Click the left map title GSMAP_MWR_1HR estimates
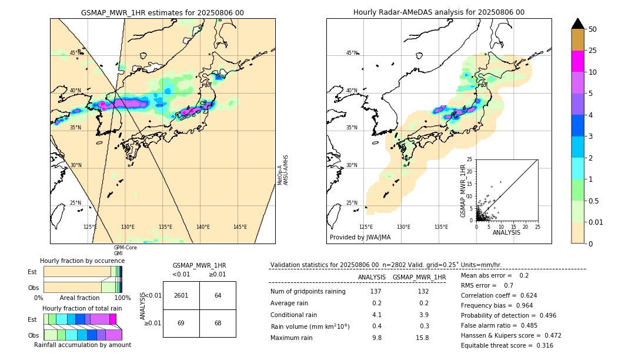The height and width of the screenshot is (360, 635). click(162, 12)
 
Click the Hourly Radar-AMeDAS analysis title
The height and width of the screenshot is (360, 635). click(439, 12)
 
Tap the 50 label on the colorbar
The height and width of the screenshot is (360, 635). click(593, 29)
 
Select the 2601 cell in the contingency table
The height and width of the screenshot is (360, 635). click(181, 295)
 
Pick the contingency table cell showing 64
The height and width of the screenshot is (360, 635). click(218, 295)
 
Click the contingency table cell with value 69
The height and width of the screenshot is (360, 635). click(181, 324)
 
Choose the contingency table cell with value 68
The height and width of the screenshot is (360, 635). click(218, 324)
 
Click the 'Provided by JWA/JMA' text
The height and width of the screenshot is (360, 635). click(360, 238)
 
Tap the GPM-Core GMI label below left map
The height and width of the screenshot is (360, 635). click(125, 251)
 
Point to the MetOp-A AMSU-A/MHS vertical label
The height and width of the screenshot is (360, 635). click(283, 171)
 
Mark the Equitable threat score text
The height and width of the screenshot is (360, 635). click(507, 346)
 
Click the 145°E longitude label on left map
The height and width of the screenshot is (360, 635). click(240, 227)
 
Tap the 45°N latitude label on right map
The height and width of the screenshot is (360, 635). click(352, 53)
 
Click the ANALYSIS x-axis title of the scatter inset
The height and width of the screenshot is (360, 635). click(506, 232)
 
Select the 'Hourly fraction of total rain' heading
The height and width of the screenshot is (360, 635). click(82, 308)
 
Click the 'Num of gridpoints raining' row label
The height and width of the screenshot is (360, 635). click(308, 292)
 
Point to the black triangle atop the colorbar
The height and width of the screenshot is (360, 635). click(578, 24)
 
